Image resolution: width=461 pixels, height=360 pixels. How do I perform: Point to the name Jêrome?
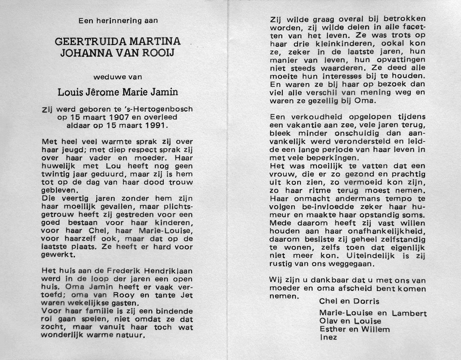106,92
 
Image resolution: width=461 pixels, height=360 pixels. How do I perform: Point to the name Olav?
329,321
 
